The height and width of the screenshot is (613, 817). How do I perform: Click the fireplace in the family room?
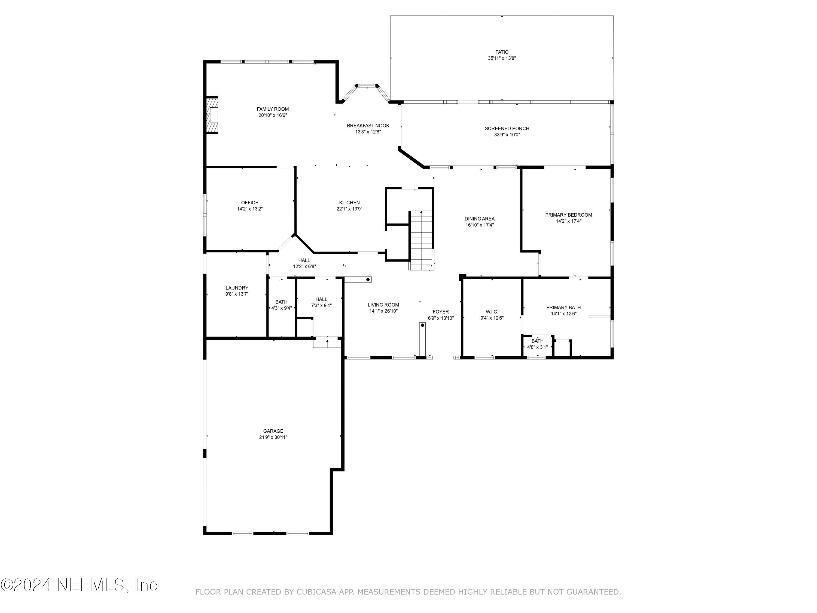point(212,115)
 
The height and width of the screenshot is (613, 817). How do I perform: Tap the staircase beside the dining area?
point(421,240)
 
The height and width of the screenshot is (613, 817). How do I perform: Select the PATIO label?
point(502,52)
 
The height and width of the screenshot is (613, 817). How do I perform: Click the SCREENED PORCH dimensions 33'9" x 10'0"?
point(507,135)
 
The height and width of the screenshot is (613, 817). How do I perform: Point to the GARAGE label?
point(273,431)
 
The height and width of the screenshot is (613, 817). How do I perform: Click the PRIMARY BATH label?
point(563,307)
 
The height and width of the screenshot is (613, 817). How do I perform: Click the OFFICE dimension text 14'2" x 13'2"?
point(250,209)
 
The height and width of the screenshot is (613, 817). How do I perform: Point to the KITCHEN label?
point(349,202)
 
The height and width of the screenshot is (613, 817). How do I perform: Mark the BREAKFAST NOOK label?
point(368,126)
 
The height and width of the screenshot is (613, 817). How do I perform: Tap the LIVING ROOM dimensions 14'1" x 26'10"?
point(383,311)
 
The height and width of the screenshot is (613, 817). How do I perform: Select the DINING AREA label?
point(479,219)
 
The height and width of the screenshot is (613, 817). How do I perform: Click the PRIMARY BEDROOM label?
point(568,215)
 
